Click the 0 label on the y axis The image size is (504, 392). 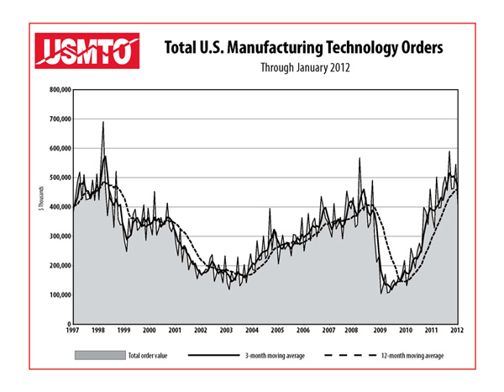(67, 324)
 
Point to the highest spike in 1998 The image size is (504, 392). (103, 122)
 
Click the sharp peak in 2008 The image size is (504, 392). (360, 158)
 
